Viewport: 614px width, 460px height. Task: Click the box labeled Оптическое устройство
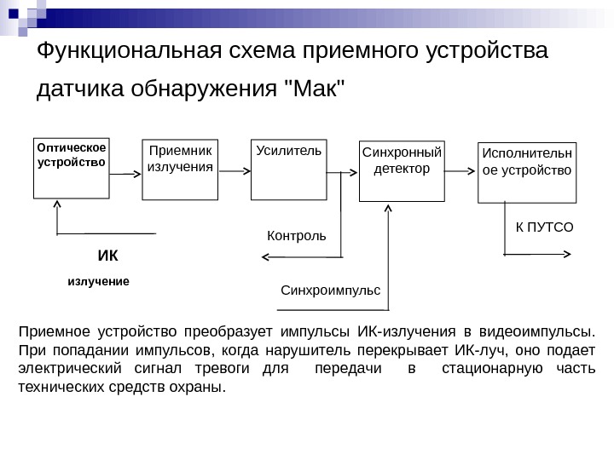coord(72,167)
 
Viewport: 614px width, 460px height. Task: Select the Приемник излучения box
coord(180,169)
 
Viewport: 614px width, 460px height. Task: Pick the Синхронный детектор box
coord(402,171)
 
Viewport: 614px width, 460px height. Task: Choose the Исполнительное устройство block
coord(527,172)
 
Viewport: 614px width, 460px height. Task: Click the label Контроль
coord(297,234)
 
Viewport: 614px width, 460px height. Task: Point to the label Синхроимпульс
coord(330,290)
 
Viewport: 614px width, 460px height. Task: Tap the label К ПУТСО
coord(545,227)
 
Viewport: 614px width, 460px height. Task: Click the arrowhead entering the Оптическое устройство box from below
coord(57,204)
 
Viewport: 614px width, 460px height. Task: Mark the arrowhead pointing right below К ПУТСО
coord(569,254)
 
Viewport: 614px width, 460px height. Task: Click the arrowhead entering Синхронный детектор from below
coord(389,208)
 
